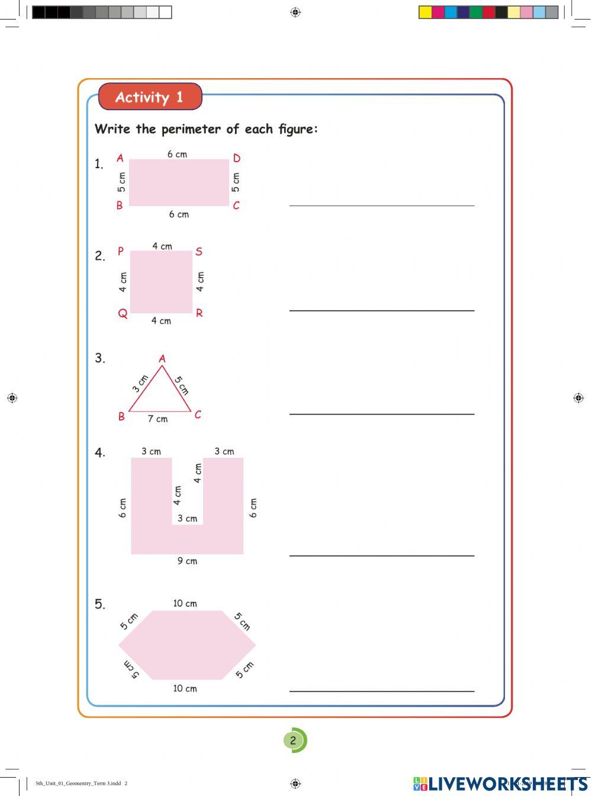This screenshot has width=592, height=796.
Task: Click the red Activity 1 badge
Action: coord(150,97)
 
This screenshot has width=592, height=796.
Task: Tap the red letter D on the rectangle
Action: coord(237,158)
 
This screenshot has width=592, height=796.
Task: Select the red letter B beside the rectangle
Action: coord(120,206)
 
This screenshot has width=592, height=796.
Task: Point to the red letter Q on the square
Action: coord(123,313)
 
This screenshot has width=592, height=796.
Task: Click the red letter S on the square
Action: coord(199,252)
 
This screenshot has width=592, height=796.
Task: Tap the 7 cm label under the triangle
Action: coord(157,419)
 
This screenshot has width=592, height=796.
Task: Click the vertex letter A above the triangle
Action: coord(162,358)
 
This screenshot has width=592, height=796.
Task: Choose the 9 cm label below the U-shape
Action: coord(187,561)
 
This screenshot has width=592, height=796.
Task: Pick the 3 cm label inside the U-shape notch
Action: coord(187,518)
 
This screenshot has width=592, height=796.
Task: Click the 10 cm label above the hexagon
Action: coord(185,604)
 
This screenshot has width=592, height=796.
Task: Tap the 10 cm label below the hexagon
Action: coord(185,688)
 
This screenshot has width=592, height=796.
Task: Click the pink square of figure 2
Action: coord(161,282)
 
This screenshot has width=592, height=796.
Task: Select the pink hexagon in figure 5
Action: coord(187,645)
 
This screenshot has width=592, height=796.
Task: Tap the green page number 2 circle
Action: coord(293,740)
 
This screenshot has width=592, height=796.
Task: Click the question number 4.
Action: coord(100,453)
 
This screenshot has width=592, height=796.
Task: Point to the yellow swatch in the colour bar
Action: coord(425,12)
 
